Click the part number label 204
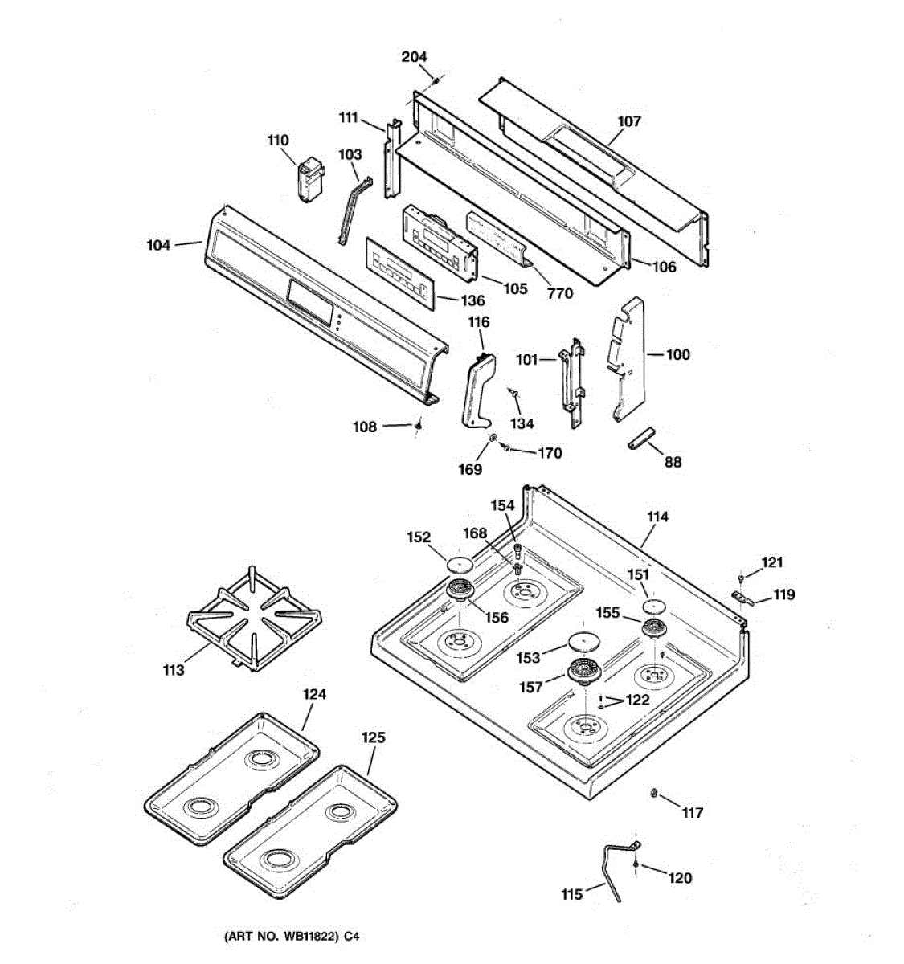pyautogui.click(x=414, y=57)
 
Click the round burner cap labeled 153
pyautogui.click(x=584, y=641)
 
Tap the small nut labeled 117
pyautogui.click(x=654, y=794)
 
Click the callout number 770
pyautogui.click(x=560, y=293)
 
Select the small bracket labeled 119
pyautogui.click(x=745, y=598)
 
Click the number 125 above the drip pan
pyautogui.click(x=373, y=737)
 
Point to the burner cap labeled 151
pyautogui.click(x=654, y=605)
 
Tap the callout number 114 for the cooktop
pyautogui.click(x=657, y=517)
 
